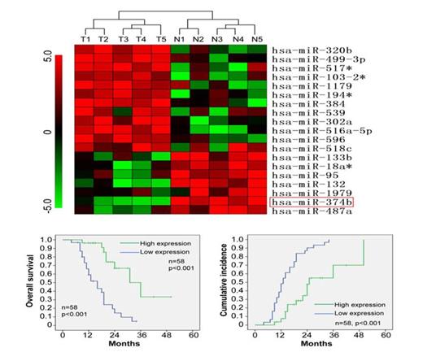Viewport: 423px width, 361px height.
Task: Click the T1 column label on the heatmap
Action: click(85, 39)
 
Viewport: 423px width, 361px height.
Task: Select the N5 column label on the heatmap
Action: click(259, 39)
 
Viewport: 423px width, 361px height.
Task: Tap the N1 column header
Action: click(178, 39)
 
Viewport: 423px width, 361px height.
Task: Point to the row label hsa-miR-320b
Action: click(312, 50)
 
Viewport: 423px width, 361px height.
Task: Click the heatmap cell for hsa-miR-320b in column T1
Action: click(85, 50)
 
